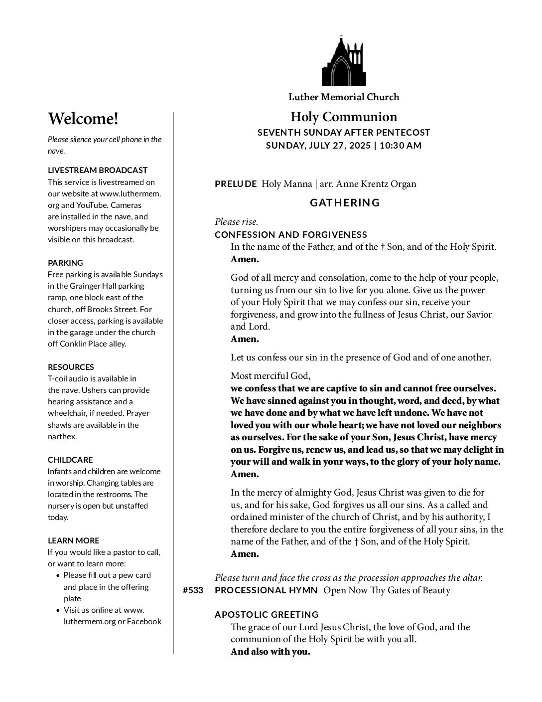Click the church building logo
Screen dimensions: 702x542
pos(344,61)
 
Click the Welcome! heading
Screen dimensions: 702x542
pos(83,119)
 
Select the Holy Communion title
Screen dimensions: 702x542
pos(344,117)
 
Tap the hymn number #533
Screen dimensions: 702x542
pos(193,591)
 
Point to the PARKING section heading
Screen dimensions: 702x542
pos(65,263)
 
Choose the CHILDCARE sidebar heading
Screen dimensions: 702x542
pos(70,460)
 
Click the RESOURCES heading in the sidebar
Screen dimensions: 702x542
pos(71,367)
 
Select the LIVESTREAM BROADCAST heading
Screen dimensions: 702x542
pos(98,170)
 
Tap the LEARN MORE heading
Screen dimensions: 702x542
pos(73,540)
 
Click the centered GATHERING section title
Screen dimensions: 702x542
pos(345,203)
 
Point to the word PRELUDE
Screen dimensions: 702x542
pos(236,184)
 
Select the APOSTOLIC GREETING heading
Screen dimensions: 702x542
pos(267,615)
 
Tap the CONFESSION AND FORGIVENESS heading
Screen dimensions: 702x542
pos(291,235)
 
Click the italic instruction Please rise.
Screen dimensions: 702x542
pos(236,222)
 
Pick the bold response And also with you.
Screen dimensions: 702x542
pos(270,652)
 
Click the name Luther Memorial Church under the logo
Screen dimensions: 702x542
pos(344,97)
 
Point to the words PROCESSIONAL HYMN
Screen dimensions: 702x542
pos(266,591)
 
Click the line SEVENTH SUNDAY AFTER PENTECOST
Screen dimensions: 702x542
pos(344,133)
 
